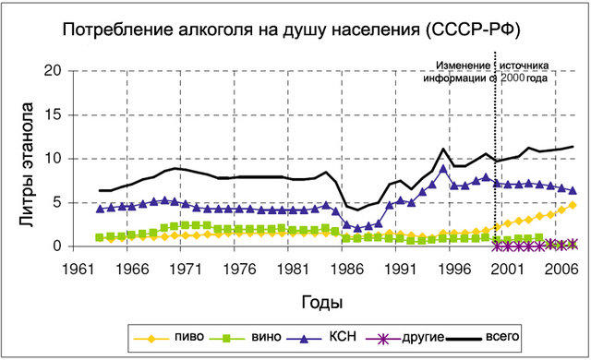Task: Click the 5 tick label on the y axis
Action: click(55, 202)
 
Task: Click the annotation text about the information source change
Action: click(494, 72)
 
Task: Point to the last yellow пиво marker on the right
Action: click(573, 205)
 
